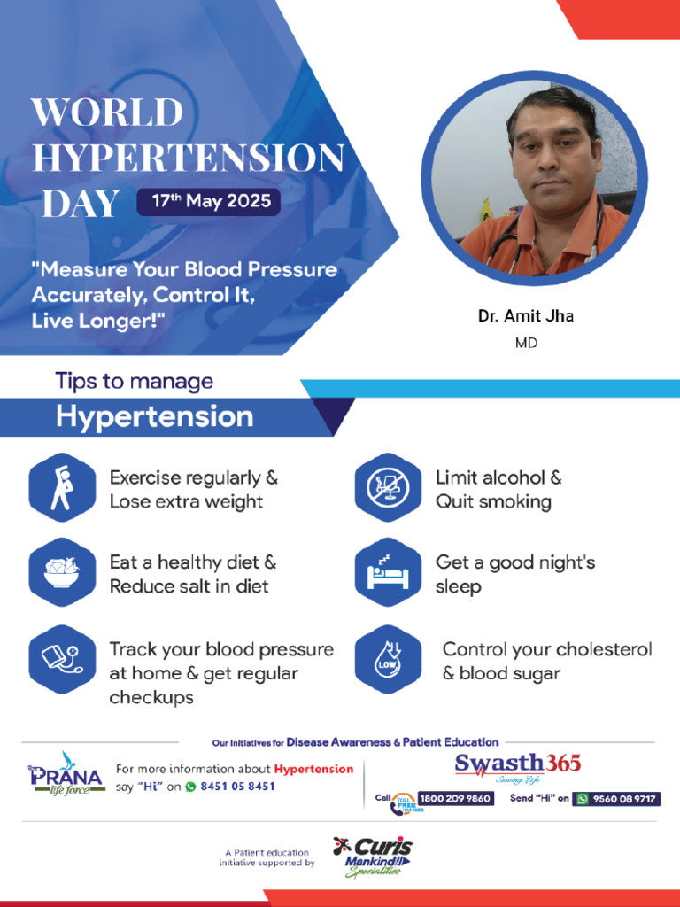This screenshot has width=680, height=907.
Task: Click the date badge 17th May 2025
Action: coord(209,202)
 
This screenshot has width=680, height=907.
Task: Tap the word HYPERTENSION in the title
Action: coord(189,158)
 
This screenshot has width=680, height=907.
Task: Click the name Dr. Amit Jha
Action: coord(526,316)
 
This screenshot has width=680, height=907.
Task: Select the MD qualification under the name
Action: coord(526,343)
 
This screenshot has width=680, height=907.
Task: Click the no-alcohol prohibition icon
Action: coord(388,488)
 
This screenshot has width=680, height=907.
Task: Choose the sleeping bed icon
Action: coord(388,572)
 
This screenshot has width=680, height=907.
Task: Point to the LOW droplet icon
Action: coord(388,659)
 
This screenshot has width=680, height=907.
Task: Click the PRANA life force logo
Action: coord(66,774)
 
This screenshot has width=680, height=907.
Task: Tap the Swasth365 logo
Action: coord(517,767)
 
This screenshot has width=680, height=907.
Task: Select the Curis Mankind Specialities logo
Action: coord(374,857)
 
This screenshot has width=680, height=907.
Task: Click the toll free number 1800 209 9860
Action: coord(455,799)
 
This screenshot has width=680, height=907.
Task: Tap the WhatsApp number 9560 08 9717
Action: coord(616,799)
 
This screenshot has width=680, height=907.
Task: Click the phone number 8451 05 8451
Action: coord(237,787)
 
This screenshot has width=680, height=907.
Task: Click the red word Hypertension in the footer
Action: coord(313,769)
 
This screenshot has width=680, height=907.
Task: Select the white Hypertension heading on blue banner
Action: coord(154,416)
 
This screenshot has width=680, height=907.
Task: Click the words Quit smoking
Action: coord(493,501)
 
